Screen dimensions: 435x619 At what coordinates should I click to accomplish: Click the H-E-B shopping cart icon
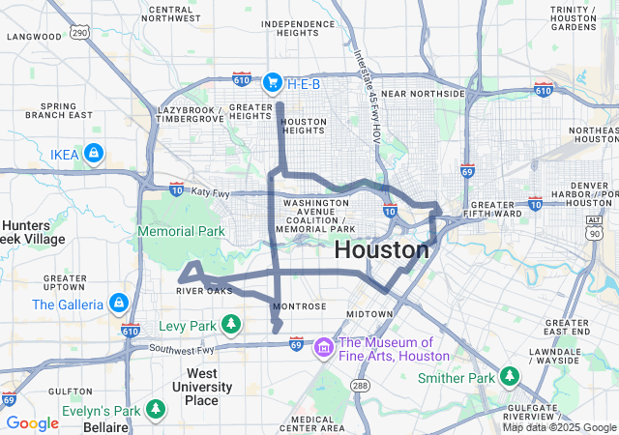point(272,81)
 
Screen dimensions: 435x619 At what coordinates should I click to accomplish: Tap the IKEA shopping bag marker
point(93,153)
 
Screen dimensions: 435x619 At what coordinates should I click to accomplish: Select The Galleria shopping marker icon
point(119,303)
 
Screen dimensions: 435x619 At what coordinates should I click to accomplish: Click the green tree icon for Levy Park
point(230,323)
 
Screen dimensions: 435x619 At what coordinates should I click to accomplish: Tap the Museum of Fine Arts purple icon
point(324,347)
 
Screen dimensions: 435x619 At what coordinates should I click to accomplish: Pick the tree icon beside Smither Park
point(510,375)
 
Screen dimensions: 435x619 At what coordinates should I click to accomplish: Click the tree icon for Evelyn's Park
point(156,410)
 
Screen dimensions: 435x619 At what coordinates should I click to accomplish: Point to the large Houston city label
point(381,249)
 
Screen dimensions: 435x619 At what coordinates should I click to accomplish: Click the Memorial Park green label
point(181,231)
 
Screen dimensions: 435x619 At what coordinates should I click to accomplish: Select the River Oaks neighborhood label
point(205,290)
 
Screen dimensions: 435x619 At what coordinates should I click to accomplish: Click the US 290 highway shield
point(79,33)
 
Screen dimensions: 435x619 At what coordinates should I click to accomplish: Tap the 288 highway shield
point(360,385)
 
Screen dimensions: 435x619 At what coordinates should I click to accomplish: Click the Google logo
point(32,422)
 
